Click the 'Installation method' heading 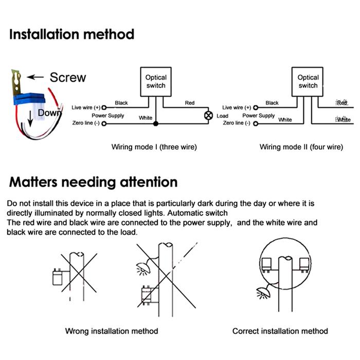pyautogui.click(x=72, y=34)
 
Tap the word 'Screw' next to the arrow pyautogui.click(x=68, y=77)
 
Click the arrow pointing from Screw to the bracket pyautogui.click(x=35, y=77)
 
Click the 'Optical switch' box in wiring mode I pyautogui.click(x=156, y=81)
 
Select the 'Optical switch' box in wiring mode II pyautogui.click(x=308, y=81)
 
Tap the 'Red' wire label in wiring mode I pyautogui.click(x=190, y=103)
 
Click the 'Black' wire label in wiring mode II pyautogui.click(x=272, y=103)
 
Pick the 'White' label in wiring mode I pyautogui.click(x=146, y=118)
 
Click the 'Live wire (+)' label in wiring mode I pyautogui.click(x=86, y=107)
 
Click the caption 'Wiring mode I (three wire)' pyautogui.click(x=154, y=147)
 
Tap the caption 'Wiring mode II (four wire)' pyautogui.click(x=301, y=147)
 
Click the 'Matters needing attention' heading pyautogui.click(x=94, y=182)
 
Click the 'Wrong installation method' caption pyautogui.click(x=112, y=331)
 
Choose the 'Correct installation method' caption pyautogui.click(x=280, y=331)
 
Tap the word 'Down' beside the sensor pyautogui.click(x=49, y=113)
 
